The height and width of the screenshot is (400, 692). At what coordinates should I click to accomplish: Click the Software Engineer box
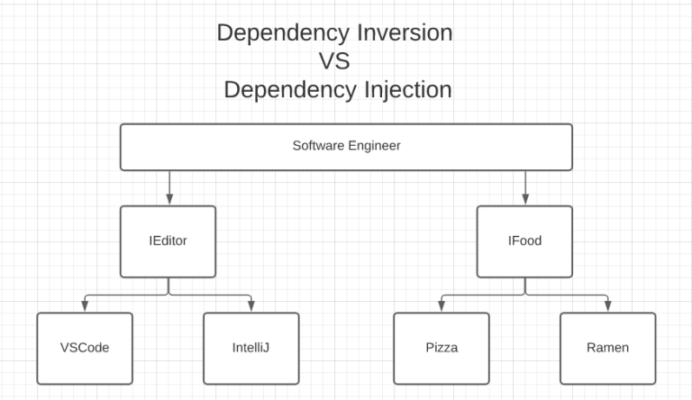pos(346,147)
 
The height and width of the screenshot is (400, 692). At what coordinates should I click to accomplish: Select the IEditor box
pos(168,241)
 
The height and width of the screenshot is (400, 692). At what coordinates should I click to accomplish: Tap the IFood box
pos(524,241)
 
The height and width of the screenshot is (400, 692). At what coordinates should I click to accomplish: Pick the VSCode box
pos(85,348)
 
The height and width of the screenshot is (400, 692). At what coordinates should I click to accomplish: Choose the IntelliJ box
pos(251,348)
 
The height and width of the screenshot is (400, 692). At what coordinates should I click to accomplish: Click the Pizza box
pos(442,348)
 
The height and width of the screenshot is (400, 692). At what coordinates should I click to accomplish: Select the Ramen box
pos(607,348)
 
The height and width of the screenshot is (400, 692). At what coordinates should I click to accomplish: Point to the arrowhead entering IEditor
pos(168,200)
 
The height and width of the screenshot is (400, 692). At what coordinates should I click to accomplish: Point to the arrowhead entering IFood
pos(524,200)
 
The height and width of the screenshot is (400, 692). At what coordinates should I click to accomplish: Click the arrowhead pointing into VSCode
pos(85,307)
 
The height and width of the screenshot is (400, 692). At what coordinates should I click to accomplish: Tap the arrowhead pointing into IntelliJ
pos(251,307)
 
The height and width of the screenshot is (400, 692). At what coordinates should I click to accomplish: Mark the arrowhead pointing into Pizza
pos(442,307)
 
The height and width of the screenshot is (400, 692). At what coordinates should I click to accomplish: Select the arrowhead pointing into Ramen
pos(607,307)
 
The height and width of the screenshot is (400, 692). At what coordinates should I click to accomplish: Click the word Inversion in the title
pos(402,33)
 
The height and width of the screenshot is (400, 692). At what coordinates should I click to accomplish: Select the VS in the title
pos(333,62)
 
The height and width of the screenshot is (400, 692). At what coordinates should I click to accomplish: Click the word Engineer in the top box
pos(371,145)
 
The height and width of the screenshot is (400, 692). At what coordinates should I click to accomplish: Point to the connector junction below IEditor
pos(168,294)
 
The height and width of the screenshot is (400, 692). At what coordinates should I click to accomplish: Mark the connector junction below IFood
pos(524,294)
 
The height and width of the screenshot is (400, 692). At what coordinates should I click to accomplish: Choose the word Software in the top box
pos(316,145)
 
